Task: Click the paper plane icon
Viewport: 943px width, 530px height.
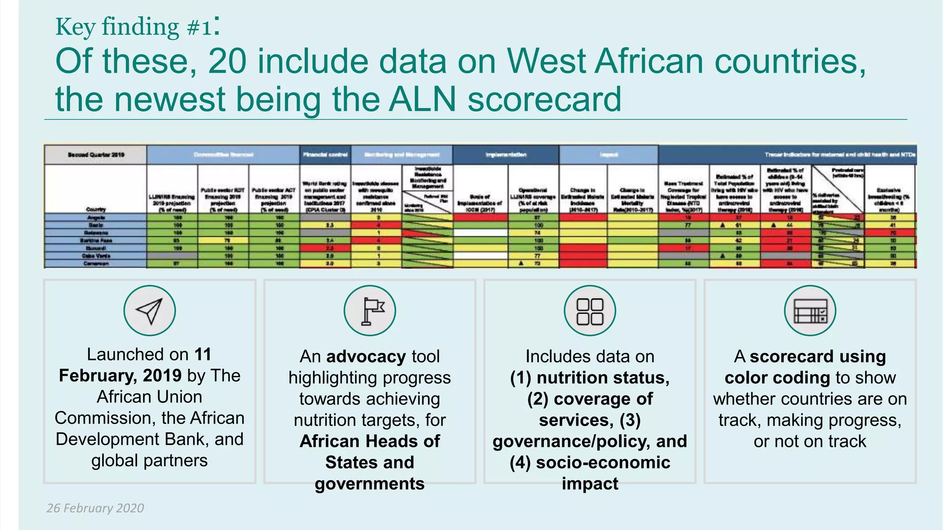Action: [x=149, y=311]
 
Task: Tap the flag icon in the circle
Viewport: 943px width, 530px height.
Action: [x=370, y=311]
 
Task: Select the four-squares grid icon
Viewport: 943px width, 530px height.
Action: [x=590, y=311]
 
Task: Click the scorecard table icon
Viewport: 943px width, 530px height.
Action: [x=810, y=311]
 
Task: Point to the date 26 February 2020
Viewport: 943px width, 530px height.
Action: [x=95, y=508]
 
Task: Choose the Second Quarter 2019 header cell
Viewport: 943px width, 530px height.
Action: [x=96, y=155]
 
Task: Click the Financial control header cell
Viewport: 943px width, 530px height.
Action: [x=325, y=155]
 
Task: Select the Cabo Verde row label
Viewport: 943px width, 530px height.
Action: [x=96, y=256]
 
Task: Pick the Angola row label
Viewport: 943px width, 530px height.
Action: [x=96, y=218]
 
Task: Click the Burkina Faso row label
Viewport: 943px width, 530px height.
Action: [x=96, y=241]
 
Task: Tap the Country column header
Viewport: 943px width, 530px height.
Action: [x=96, y=209]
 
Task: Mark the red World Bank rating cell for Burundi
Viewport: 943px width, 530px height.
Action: [x=325, y=248]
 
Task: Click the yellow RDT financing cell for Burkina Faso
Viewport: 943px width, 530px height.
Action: [x=223, y=241]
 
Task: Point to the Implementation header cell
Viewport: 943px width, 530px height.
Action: [x=506, y=155]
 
